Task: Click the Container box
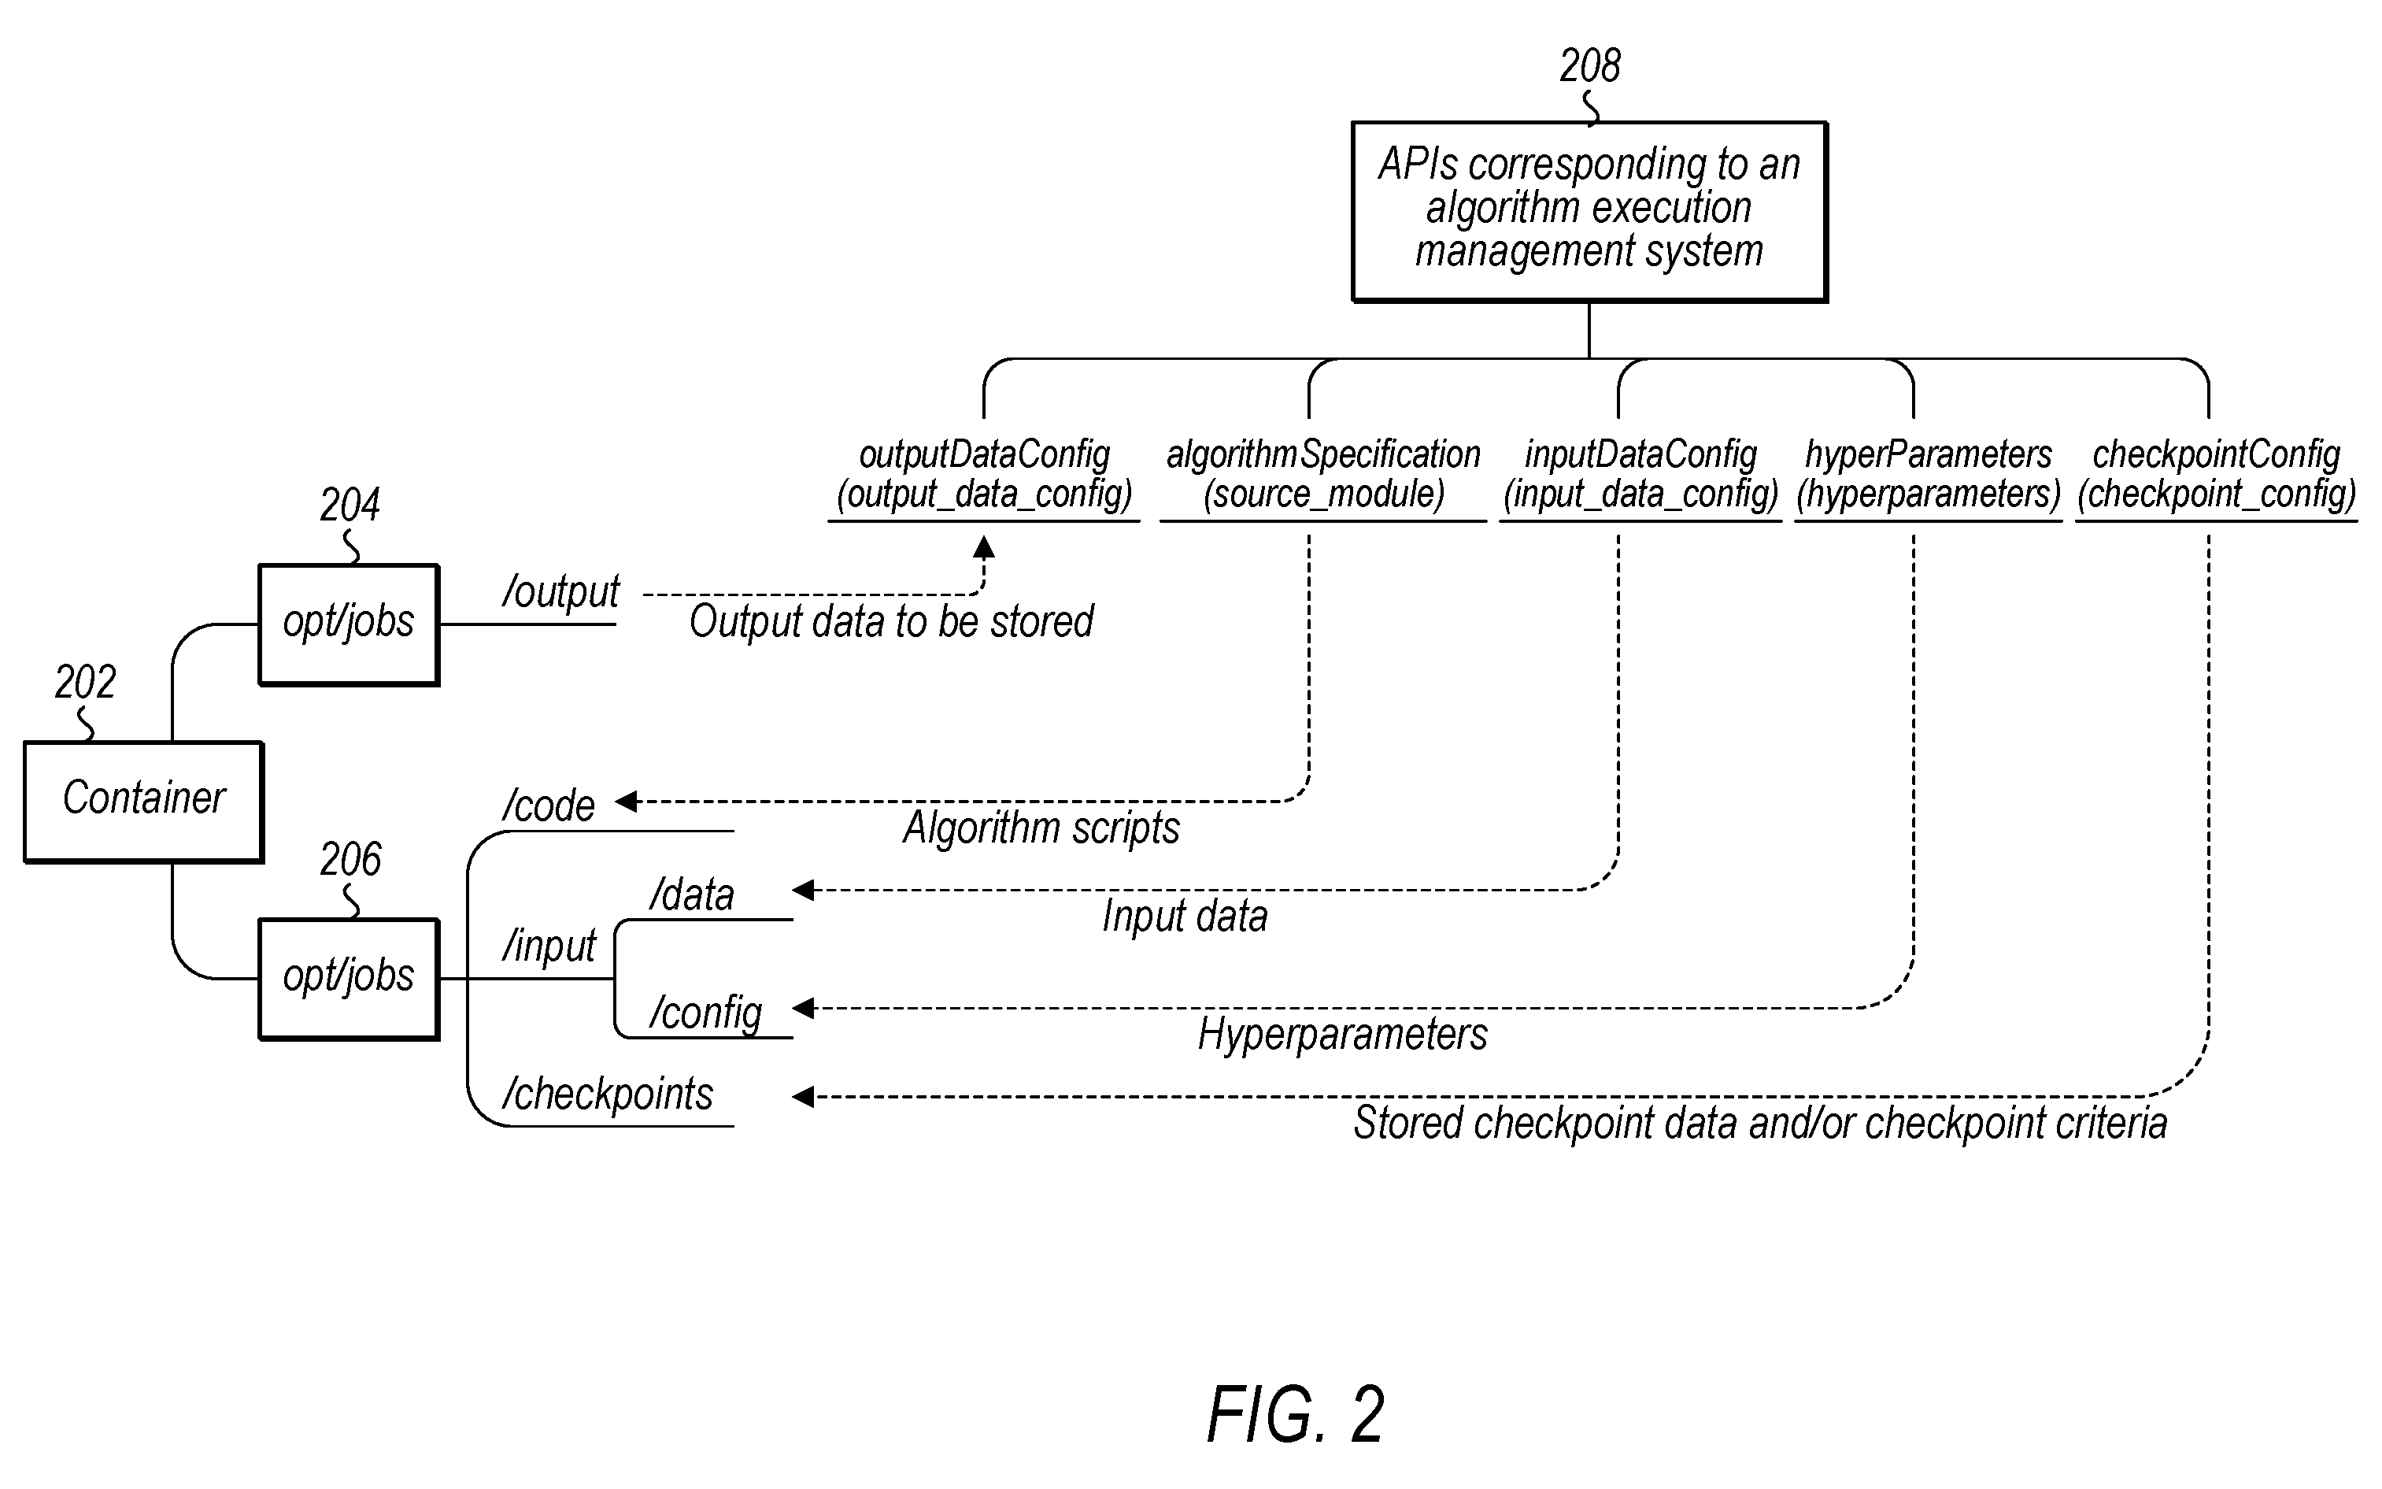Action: click(x=144, y=802)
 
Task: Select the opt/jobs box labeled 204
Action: click(x=349, y=624)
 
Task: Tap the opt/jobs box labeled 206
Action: click(x=349, y=979)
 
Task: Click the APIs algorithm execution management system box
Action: click(x=1589, y=211)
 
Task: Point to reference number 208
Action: click(x=1589, y=66)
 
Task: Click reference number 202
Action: click(x=85, y=681)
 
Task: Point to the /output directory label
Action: click(x=561, y=593)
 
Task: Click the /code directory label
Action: click(x=548, y=806)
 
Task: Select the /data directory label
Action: click(x=692, y=895)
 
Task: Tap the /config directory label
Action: click(x=706, y=1013)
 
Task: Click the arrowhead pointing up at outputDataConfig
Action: click(x=983, y=546)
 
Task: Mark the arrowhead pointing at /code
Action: click(x=627, y=802)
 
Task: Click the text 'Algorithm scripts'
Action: click(x=1041, y=828)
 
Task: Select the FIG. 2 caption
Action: click(x=1296, y=1414)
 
